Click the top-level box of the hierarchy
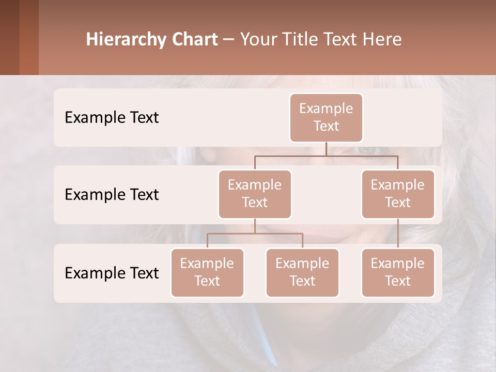326,117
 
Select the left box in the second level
255,194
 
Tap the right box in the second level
397,194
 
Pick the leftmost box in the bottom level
207,272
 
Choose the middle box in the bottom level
302,272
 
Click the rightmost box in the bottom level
397,272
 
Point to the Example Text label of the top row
112,118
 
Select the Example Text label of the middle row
112,195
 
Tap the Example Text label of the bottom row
112,273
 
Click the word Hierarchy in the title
126,40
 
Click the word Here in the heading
383,39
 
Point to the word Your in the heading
258,40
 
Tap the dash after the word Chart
229,39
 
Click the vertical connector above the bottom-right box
398,234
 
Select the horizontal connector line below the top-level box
326,156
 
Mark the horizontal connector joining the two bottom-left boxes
255,234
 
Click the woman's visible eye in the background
368,150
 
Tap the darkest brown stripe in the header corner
9,37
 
